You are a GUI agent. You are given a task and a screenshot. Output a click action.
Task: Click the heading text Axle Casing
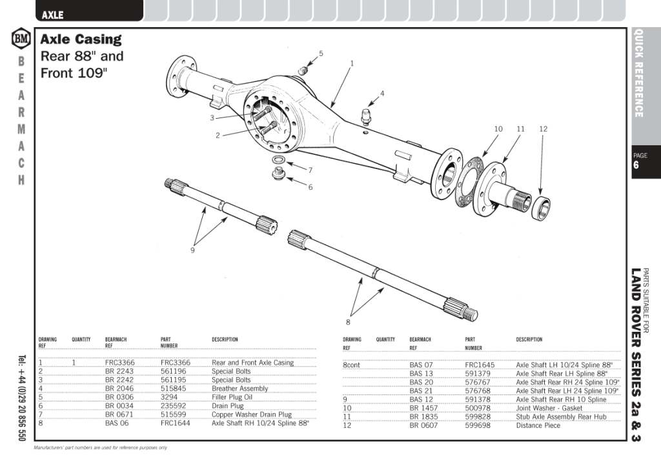click(x=81, y=39)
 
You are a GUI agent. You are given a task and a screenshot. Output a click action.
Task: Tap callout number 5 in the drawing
click(x=321, y=54)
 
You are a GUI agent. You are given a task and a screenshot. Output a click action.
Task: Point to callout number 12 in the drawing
click(x=543, y=129)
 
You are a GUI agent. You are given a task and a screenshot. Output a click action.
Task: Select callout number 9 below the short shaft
click(x=192, y=250)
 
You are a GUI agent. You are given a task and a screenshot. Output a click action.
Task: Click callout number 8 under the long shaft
click(x=348, y=321)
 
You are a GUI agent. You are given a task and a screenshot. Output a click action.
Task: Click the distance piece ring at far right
click(x=541, y=207)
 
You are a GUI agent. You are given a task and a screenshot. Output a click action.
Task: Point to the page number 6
click(x=636, y=166)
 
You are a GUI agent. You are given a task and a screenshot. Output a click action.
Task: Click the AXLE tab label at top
click(x=52, y=14)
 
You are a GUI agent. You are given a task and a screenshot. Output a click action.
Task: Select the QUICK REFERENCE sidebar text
click(x=639, y=73)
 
